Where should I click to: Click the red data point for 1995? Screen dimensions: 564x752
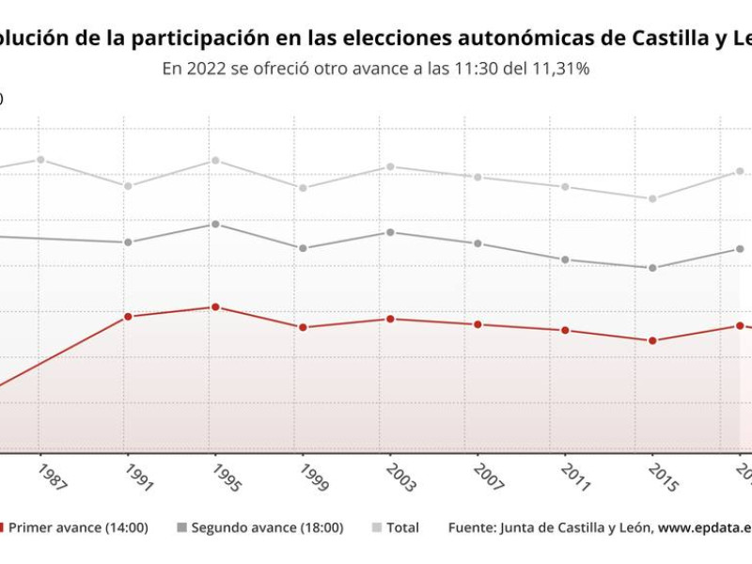point(215,307)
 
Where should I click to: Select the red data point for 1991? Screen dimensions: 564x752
point(128,317)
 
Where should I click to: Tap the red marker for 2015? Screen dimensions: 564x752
point(652,340)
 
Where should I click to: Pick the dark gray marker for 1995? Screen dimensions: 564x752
point(215,225)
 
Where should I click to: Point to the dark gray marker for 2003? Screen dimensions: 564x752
point(390,232)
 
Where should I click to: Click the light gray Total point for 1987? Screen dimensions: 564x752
point(40,160)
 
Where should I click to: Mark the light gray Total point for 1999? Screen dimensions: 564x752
point(303,188)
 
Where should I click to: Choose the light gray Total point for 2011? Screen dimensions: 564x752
point(565,187)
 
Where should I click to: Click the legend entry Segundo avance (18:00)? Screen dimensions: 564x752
point(267,528)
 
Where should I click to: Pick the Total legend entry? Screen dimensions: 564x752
point(402,528)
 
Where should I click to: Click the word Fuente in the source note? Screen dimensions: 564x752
point(471,528)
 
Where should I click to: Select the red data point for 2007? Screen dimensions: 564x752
point(478,324)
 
